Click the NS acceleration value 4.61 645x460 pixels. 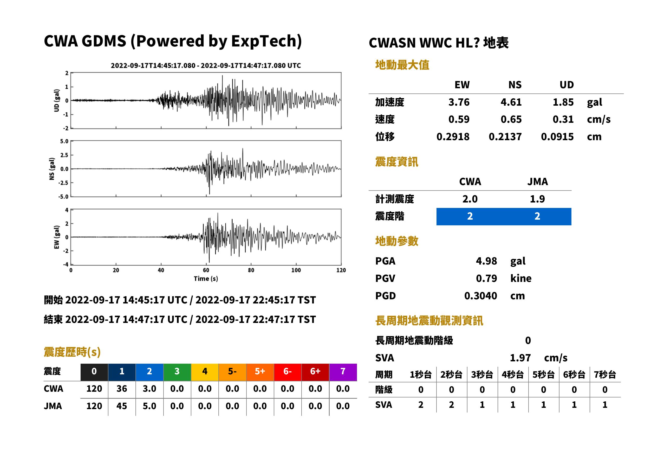[x=511, y=102]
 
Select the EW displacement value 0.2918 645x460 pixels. [x=453, y=137]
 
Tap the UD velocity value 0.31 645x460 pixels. [x=563, y=119]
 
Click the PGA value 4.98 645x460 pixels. [x=486, y=261]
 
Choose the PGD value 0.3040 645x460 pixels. [x=480, y=296]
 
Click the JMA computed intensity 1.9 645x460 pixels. [x=537, y=199]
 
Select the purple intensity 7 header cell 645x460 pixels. [x=343, y=372]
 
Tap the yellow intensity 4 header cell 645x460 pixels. [x=205, y=372]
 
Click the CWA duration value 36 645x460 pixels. [x=122, y=389]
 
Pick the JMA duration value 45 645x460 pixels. [x=122, y=406]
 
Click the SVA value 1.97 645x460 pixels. [x=520, y=358]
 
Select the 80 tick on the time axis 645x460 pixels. [x=251, y=270]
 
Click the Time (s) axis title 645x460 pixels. [x=206, y=279]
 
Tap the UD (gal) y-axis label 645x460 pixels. [x=57, y=100]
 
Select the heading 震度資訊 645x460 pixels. [x=396, y=162]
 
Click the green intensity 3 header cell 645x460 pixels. [x=177, y=372]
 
